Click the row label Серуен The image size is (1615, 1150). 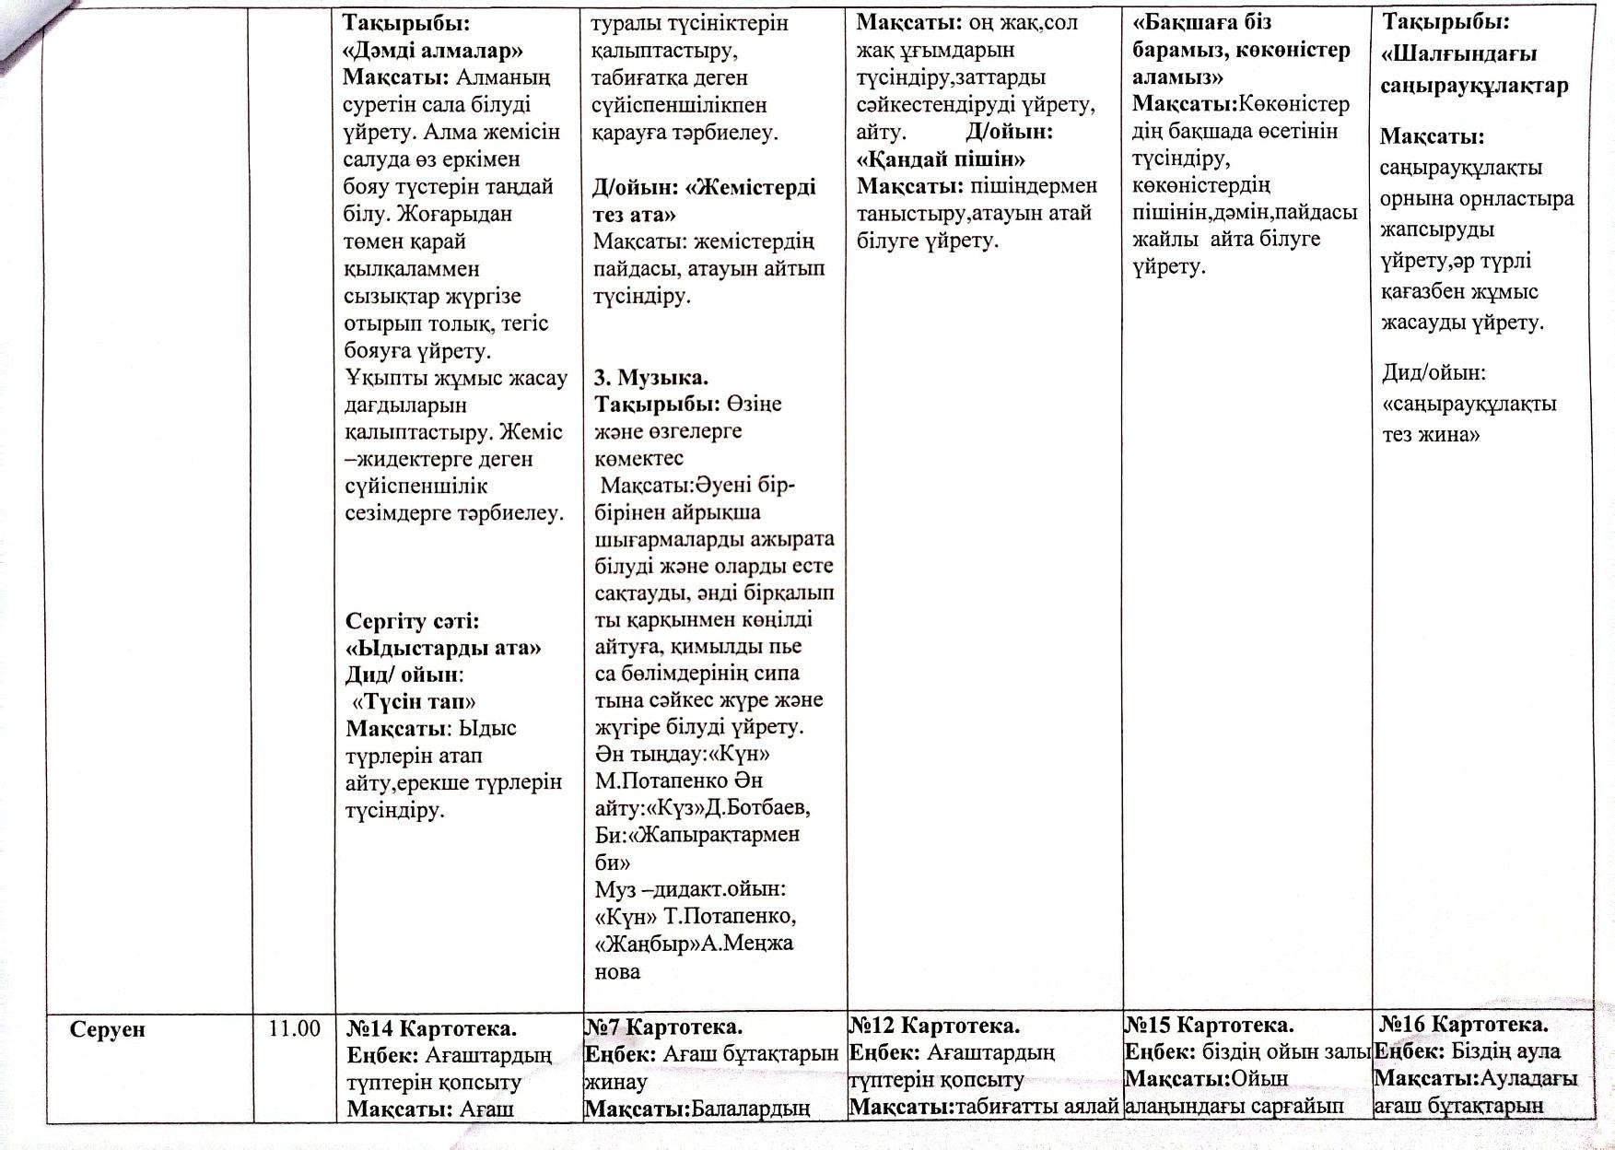click(108, 1029)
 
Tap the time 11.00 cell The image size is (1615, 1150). click(294, 1028)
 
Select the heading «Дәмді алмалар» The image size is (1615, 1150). click(432, 50)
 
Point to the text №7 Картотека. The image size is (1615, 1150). click(663, 1027)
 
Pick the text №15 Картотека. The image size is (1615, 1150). click(1210, 1025)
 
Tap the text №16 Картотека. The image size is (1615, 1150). click(1464, 1024)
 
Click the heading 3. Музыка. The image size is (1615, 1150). click(650, 376)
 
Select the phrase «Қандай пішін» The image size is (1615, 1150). click(941, 158)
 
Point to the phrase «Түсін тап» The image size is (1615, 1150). click(415, 701)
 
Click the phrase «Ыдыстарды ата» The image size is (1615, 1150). click(443, 647)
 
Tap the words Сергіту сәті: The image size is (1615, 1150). click(412, 620)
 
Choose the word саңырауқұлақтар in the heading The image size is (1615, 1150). click(1474, 86)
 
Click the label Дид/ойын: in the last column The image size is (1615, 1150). click(1434, 372)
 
